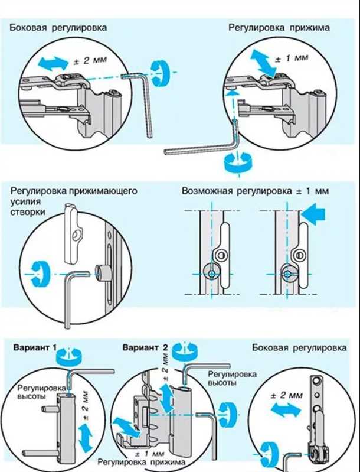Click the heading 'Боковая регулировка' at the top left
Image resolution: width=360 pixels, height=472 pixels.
pyautogui.click(x=58, y=28)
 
